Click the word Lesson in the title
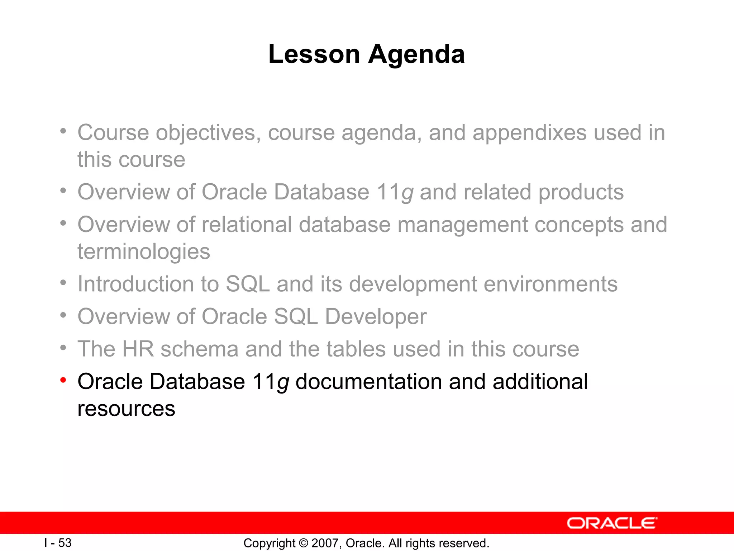tap(314, 55)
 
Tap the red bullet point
tap(63, 380)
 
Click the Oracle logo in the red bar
tap(612, 523)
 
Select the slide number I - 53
tap(58, 543)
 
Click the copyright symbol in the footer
tap(303, 543)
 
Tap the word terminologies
tap(144, 251)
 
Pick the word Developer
tap(376, 317)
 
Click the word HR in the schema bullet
tap(138, 349)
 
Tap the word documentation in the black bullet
tap(369, 382)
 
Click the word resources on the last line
tap(126, 409)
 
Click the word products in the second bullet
tap(581, 192)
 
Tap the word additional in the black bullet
tap(540, 382)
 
